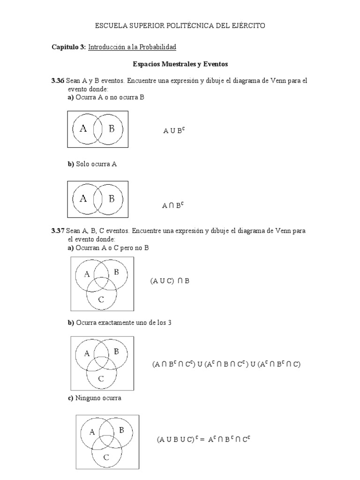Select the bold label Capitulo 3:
point(68,47)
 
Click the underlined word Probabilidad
point(157,47)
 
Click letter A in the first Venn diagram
point(83,128)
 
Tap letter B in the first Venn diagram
point(112,128)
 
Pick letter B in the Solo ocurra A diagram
point(112,199)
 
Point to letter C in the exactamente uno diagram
point(101,379)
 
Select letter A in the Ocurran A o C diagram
point(87,275)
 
